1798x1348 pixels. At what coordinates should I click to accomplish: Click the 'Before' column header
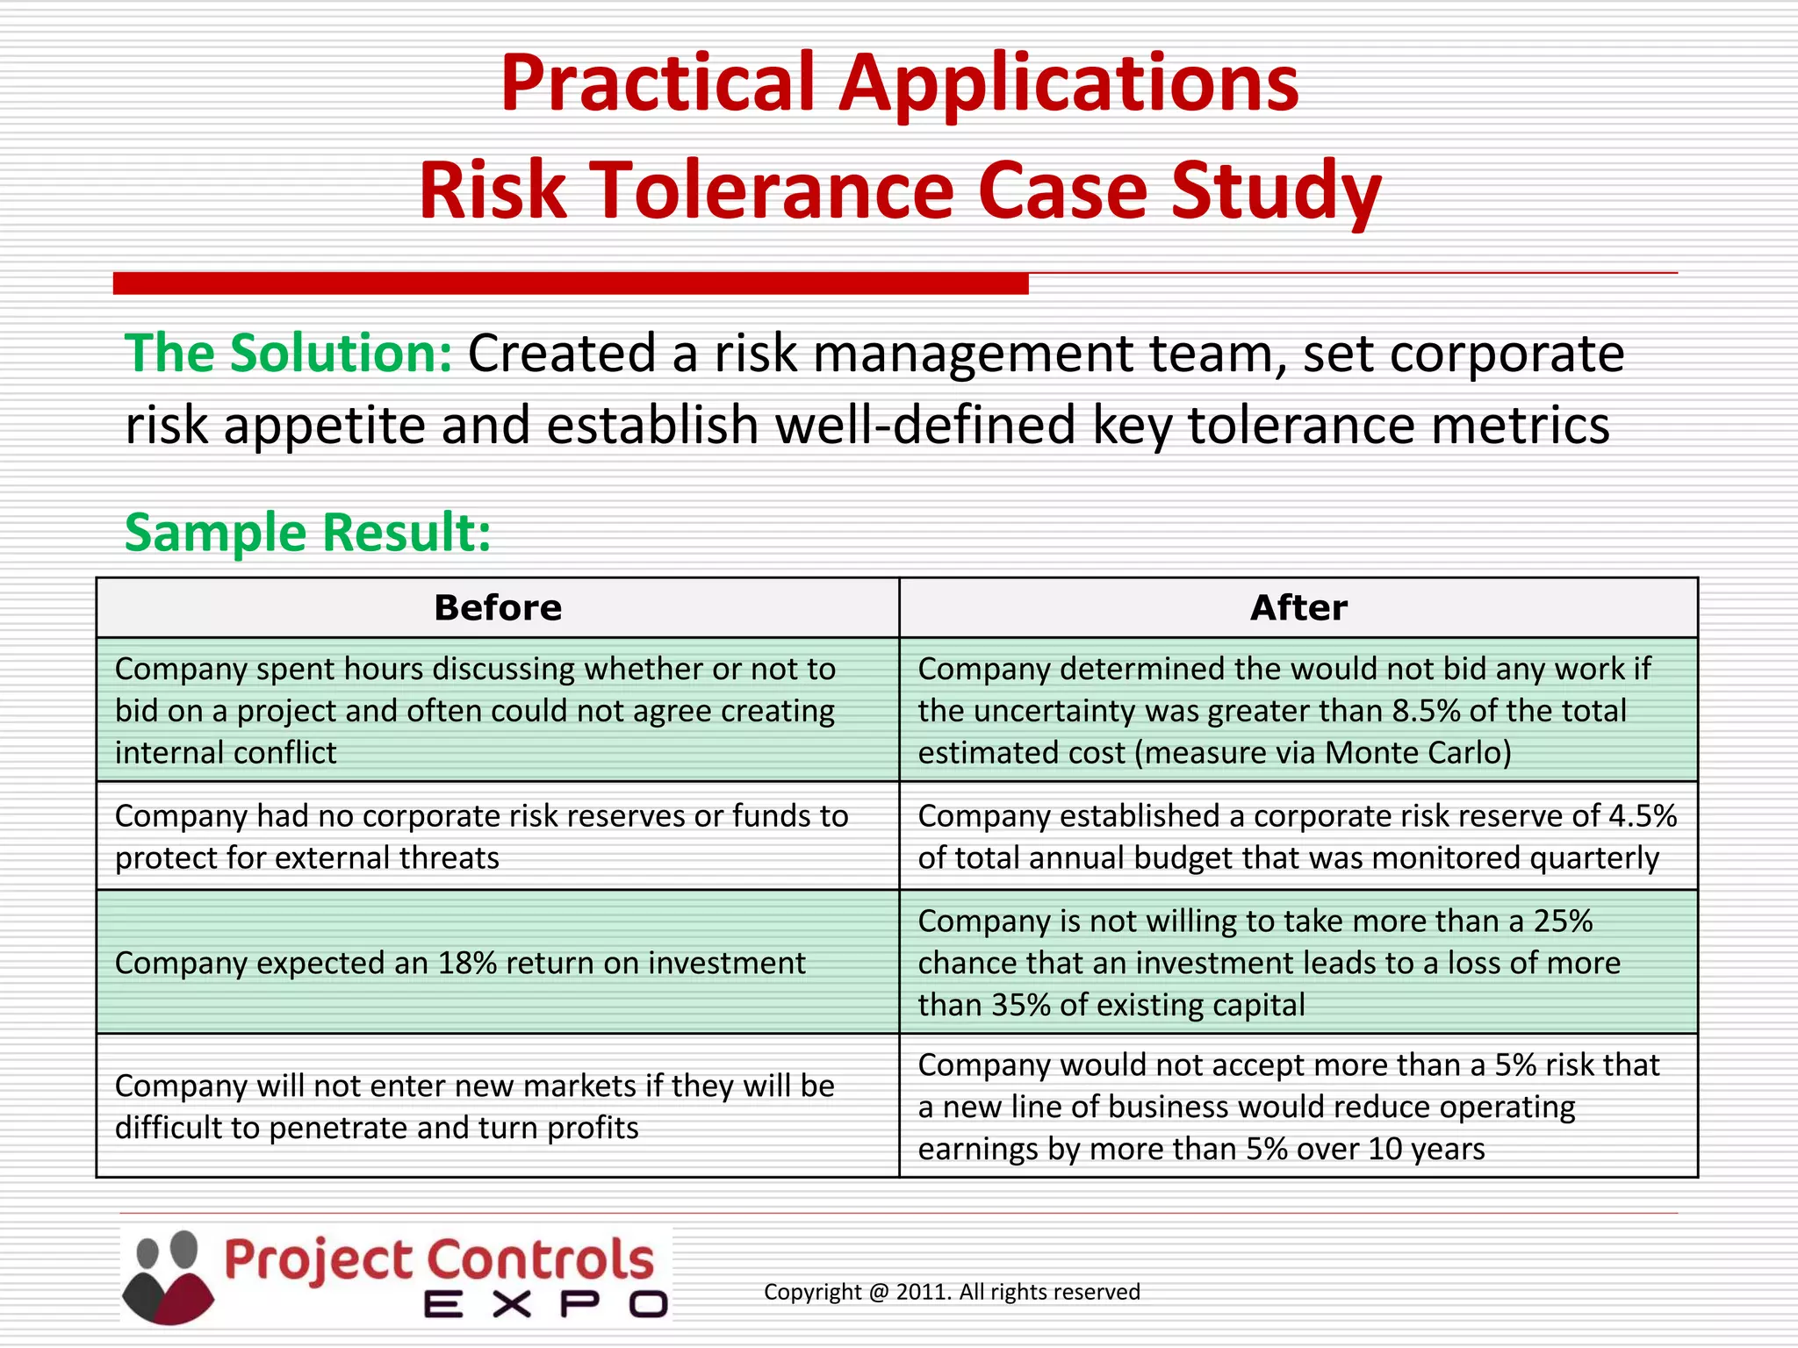(x=498, y=607)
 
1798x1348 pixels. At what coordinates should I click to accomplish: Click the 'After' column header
(x=1298, y=607)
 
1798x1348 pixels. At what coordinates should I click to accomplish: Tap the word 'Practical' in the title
(x=658, y=83)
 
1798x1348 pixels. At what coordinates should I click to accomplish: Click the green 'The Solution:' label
(x=289, y=354)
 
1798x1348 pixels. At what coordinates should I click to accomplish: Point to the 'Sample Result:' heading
(x=308, y=533)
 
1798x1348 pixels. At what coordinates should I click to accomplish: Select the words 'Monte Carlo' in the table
(x=1413, y=753)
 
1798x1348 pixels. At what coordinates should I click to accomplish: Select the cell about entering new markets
(x=475, y=1107)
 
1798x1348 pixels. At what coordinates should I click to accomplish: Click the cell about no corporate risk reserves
(x=481, y=837)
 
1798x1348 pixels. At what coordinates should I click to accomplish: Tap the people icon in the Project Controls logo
(x=168, y=1276)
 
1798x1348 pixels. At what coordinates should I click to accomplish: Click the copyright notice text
(x=952, y=1292)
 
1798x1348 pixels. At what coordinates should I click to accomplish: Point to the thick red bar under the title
(x=571, y=283)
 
